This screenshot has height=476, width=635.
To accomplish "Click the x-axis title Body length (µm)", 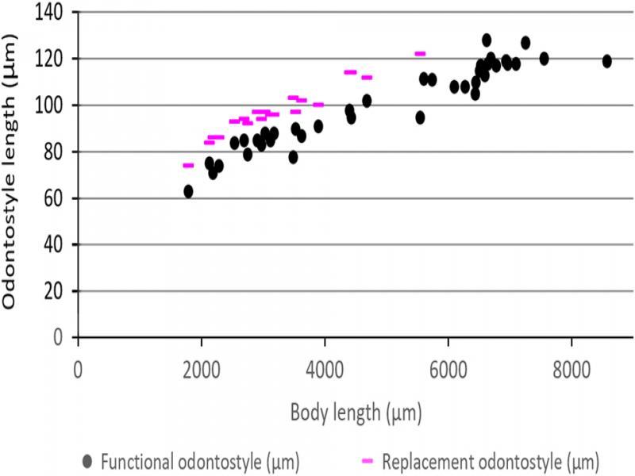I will [356, 413].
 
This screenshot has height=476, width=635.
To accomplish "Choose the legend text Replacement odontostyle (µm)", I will [491, 460].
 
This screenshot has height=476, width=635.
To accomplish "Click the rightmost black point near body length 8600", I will [607, 61].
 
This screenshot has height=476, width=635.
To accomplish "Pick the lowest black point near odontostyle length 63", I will [188, 191].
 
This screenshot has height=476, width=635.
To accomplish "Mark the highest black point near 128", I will [487, 40].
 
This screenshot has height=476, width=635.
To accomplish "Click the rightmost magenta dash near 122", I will [420, 54].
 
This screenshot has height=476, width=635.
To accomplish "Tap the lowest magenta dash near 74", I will [188, 165].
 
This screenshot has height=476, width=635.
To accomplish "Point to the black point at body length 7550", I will [544, 59].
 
